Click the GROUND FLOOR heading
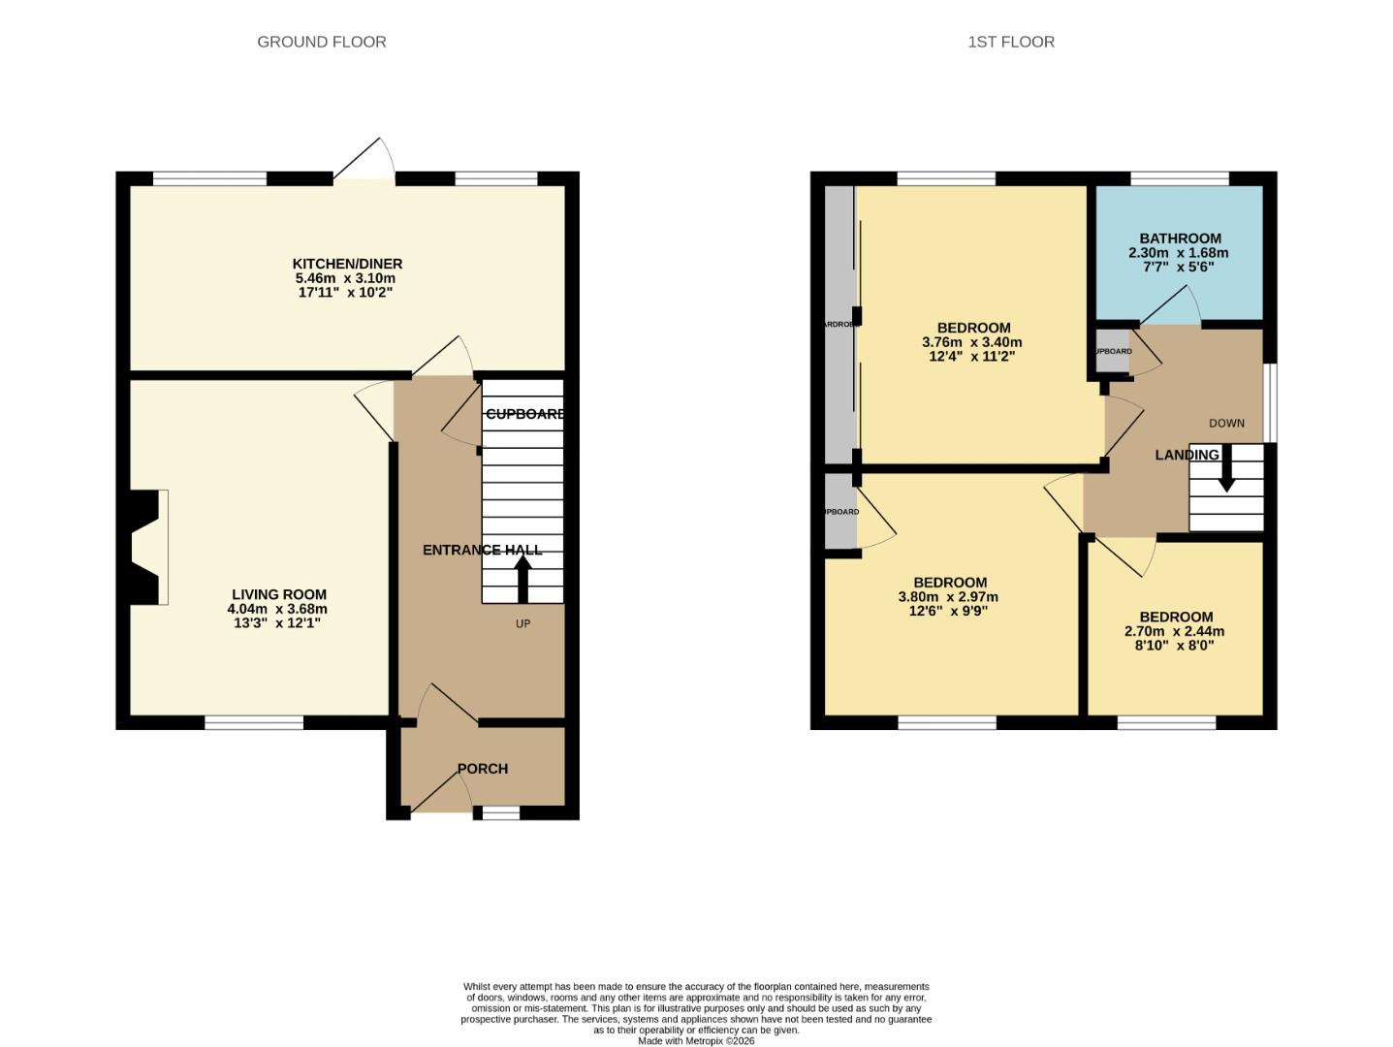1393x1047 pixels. (321, 42)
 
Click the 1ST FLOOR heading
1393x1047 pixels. (1010, 42)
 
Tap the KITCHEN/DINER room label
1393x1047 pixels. (347, 264)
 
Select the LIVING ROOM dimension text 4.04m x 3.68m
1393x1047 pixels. (277, 609)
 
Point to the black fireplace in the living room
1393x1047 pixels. (141, 548)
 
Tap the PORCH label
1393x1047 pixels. (483, 769)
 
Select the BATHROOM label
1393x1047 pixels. (1180, 238)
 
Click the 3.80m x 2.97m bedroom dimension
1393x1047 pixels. (948, 597)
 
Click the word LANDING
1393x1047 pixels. (1187, 455)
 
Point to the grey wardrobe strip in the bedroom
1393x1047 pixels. (839, 325)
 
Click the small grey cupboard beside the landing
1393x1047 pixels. (1112, 351)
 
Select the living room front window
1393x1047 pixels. (254, 722)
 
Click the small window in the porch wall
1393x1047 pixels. (500, 813)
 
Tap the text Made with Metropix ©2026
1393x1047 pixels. (696, 1040)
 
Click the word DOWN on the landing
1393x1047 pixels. (1226, 423)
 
